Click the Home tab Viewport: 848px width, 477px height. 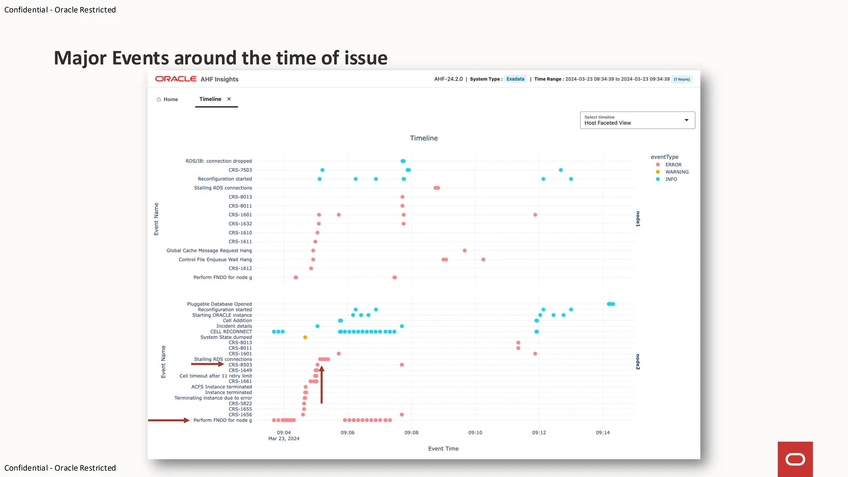[x=167, y=99]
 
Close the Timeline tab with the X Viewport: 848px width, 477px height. [x=229, y=99]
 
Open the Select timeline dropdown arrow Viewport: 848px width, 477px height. [x=686, y=120]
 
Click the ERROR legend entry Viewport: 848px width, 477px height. [x=673, y=165]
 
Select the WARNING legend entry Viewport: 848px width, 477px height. [x=677, y=172]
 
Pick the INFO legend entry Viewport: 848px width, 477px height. [x=671, y=179]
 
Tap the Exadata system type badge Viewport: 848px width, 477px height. [x=515, y=79]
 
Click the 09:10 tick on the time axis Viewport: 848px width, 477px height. [x=475, y=433]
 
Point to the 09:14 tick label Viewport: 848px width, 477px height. [x=602, y=433]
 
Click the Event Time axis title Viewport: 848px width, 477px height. [x=443, y=448]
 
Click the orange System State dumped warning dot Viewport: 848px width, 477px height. [x=305, y=337]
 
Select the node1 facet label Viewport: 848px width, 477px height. [x=638, y=219]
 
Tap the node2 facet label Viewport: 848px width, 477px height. [x=638, y=361]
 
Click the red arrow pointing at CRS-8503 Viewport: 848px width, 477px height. [x=207, y=364]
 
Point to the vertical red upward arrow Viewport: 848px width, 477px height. [x=321, y=385]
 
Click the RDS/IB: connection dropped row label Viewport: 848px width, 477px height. [x=219, y=161]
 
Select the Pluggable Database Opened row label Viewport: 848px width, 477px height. [x=219, y=304]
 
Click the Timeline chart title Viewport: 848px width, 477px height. [x=424, y=138]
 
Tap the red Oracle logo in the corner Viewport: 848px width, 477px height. [x=795, y=459]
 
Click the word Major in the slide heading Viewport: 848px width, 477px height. [x=81, y=58]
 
